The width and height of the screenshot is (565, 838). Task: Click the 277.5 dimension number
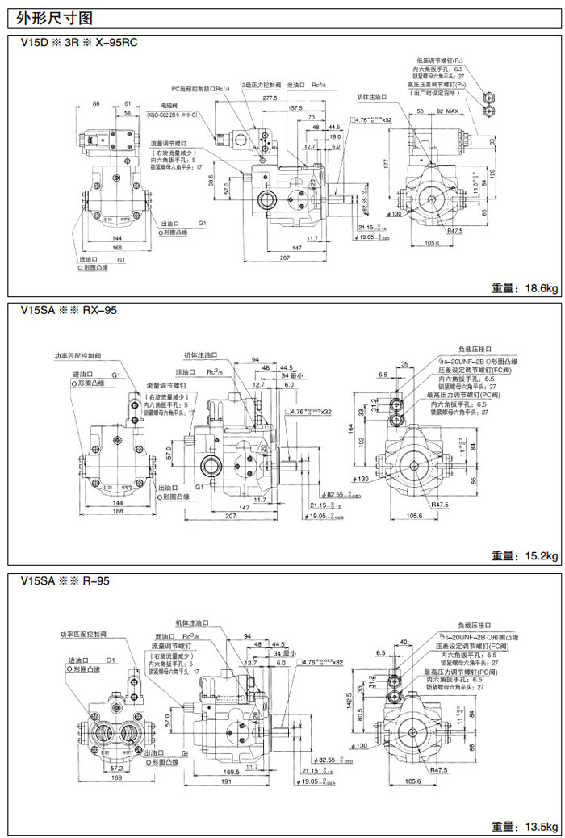pos(270,98)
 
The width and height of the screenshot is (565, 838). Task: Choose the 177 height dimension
pos(387,163)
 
